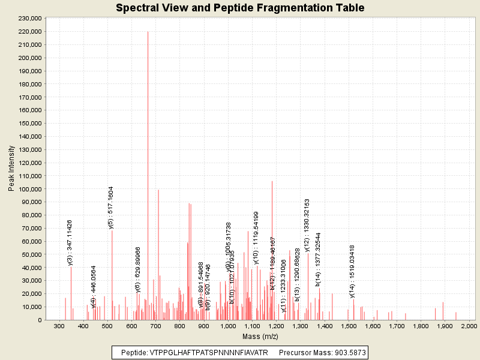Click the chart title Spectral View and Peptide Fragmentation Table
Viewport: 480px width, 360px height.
pyautogui.click(x=240, y=8)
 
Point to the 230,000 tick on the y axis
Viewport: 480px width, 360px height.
pyautogui.click(x=29, y=19)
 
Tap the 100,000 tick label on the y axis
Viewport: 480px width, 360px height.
pyautogui.click(x=29, y=189)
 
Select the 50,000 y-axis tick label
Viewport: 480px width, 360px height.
pyautogui.click(x=31, y=254)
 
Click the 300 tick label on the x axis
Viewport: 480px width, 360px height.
pyautogui.click(x=59, y=326)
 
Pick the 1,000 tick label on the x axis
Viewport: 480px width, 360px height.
pyautogui.click(x=227, y=326)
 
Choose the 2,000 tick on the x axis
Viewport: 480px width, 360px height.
pyautogui.click(x=469, y=326)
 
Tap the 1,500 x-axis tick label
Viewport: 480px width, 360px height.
pyautogui.click(x=348, y=326)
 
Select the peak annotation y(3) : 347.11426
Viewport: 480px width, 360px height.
pyautogui.click(x=70, y=242)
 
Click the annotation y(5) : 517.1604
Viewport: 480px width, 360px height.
pyautogui.click(x=111, y=208)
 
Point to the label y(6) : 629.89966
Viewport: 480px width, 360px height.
pyautogui.click(x=137, y=269)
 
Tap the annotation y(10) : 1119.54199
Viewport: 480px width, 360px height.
pyautogui.click(x=256, y=238)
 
